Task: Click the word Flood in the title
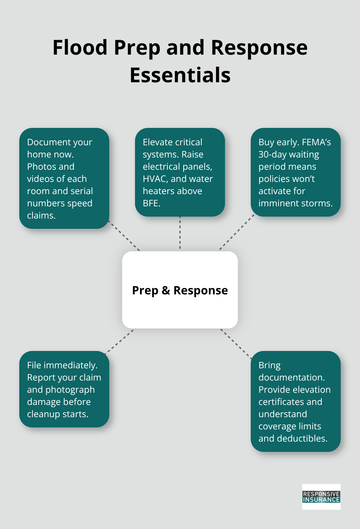pos(80,48)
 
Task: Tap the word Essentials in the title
pos(180,75)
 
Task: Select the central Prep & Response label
pos(180,290)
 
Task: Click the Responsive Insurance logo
pos(321,497)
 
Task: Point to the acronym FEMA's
pos(316,142)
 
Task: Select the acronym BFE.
pos(151,203)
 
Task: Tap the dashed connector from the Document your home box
pos(125,236)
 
